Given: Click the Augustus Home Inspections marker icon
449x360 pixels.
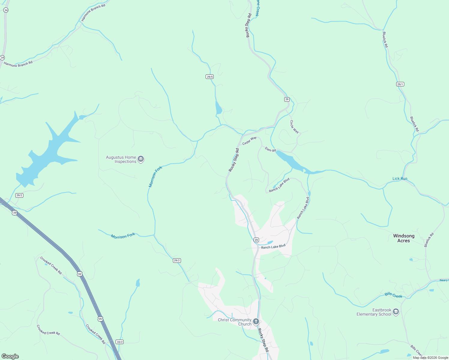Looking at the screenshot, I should coord(141,159).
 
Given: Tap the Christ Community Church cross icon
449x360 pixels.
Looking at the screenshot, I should coord(256,322).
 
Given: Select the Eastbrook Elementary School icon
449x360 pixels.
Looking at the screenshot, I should coord(396,312).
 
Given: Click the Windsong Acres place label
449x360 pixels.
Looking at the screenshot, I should coord(404,238).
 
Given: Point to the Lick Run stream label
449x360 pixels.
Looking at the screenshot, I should coord(400,178).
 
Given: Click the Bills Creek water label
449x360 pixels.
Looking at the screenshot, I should coord(393,295).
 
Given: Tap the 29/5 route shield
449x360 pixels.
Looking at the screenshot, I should coord(210,77).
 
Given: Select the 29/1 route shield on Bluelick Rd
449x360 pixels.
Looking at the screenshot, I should coord(400,84).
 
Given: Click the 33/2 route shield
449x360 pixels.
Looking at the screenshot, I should coord(119,342).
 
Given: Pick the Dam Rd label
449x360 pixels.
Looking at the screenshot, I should coord(270,149).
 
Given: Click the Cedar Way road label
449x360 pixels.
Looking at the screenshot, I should coord(249,141).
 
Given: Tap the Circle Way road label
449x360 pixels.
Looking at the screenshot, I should coord(294,127).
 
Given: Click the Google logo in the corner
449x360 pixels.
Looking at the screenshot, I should coord(10,356).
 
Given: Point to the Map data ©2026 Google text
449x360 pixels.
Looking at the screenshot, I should coord(430,358).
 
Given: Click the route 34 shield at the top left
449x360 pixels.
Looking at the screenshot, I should coord(6,10).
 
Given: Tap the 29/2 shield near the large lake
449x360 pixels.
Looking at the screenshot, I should coord(19,195).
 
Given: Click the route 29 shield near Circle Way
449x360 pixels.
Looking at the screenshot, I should coord(287,99).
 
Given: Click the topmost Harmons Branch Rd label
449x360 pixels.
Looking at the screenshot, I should coord(93,13).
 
